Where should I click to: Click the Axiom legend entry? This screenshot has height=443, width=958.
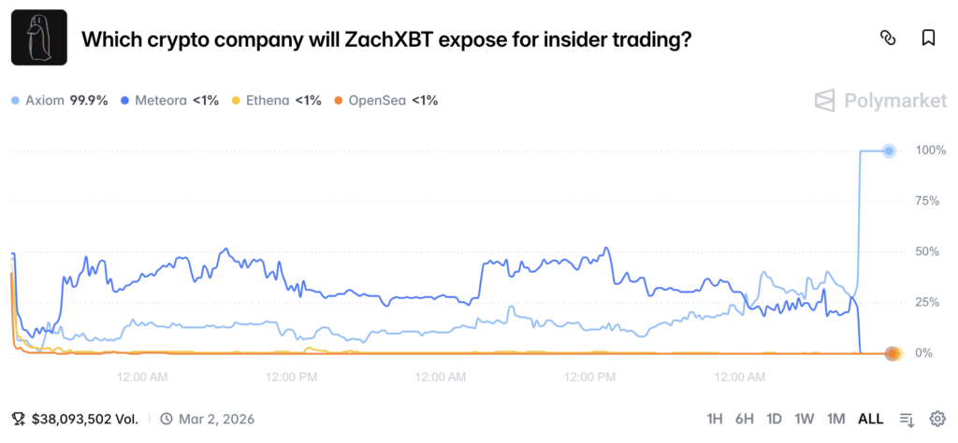point(58,100)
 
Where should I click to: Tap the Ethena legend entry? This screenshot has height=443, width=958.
point(276,100)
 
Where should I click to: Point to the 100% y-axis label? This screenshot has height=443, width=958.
point(932,150)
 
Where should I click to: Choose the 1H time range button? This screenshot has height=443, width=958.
point(715,419)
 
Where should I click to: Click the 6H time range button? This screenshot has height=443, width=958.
point(745,419)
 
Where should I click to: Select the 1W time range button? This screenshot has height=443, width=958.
point(805,419)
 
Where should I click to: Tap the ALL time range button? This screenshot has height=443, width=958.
point(870,419)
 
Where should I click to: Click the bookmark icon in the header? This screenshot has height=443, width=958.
point(928,38)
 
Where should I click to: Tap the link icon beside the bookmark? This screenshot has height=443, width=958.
point(888,38)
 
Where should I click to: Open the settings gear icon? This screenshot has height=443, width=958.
point(937,419)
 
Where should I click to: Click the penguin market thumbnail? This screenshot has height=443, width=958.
point(39,37)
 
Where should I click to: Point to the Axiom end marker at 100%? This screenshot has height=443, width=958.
point(890,150)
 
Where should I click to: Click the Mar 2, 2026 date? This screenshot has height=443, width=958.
point(216,419)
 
